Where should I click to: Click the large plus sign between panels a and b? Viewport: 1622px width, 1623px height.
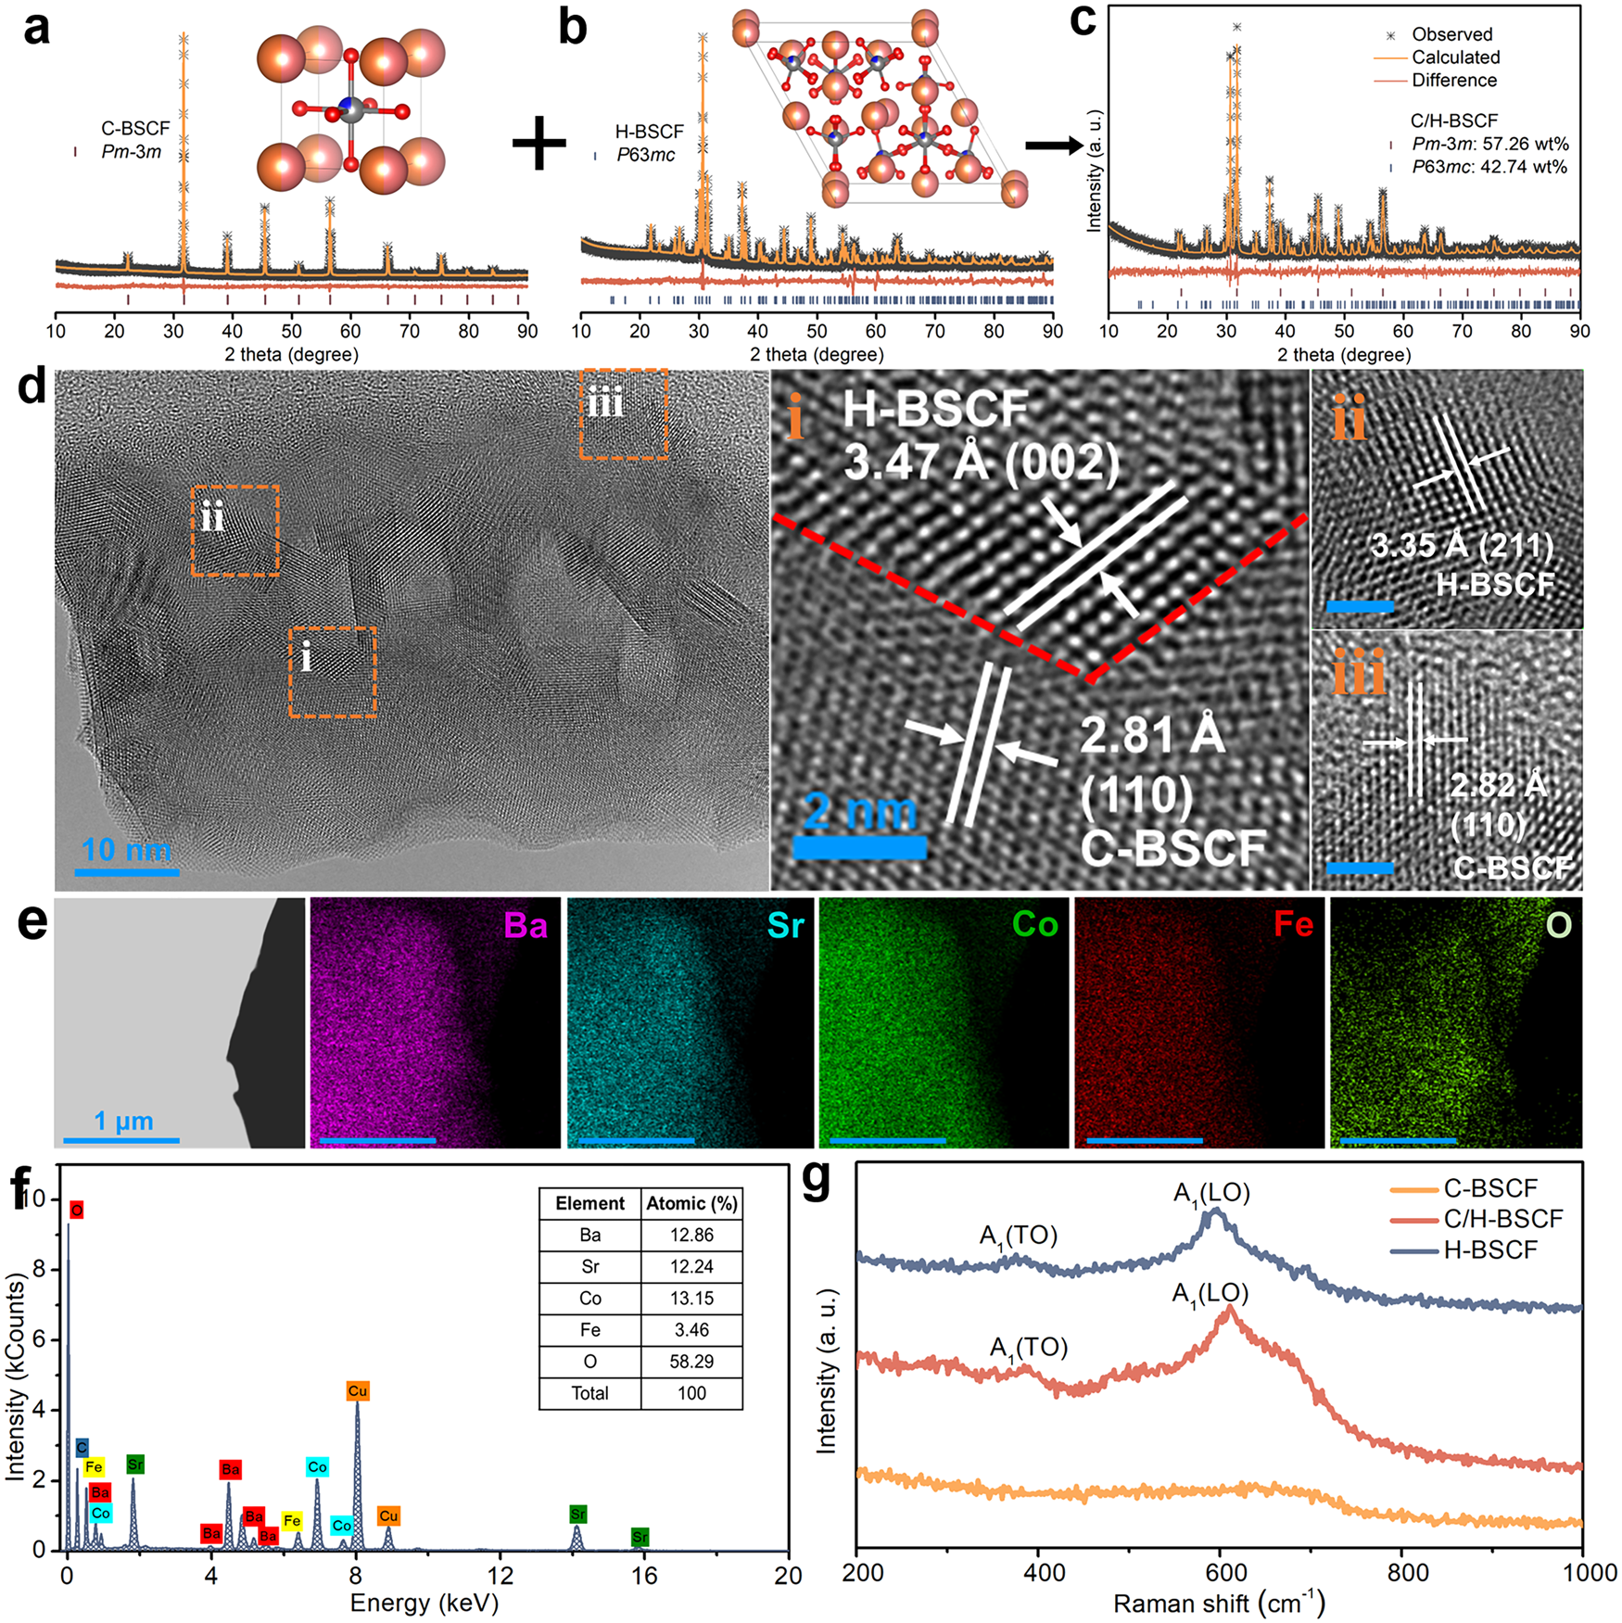coord(539,145)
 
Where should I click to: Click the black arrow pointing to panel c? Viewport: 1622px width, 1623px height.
coord(1054,145)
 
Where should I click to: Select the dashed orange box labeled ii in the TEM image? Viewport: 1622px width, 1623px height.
coord(235,531)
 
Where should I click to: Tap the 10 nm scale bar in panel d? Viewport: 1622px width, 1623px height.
coord(127,871)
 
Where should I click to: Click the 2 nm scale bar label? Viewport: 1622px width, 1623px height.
coord(859,812)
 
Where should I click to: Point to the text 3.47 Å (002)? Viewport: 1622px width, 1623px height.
coord(981,462)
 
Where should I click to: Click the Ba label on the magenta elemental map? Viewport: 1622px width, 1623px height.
coord(526,925)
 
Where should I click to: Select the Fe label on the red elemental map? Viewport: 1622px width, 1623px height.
coord(1293,924)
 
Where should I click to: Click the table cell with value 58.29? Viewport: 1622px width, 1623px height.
coord(691,1362)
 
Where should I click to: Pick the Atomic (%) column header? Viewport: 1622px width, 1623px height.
coord(691,1204)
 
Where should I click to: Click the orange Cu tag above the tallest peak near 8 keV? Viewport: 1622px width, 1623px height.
coord(358,1391)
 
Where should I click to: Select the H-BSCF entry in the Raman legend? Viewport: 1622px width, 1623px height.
coord(1489,1250)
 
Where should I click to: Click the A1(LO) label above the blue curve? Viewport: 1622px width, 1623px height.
coord(1212,1194)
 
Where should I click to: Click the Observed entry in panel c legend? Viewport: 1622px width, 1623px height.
coord(1451,34)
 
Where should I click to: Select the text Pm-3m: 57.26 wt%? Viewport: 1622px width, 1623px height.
coord(1489,144)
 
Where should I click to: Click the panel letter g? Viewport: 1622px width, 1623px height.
coord(817,1180)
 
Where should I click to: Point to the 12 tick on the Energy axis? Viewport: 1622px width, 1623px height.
coord(500,1574)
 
